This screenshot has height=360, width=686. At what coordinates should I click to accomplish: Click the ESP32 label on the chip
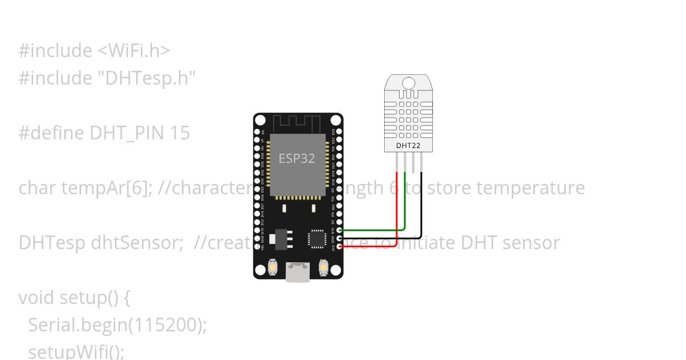click(297, 158)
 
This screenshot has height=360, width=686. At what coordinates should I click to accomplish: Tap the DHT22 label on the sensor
click(408, 145)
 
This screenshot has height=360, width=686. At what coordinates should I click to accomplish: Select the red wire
click(397, 217)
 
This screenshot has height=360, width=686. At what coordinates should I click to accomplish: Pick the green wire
click(405, 206)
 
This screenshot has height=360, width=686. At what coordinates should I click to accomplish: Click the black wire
click(421, 211)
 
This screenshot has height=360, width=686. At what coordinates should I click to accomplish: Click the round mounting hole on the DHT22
click(408, 83)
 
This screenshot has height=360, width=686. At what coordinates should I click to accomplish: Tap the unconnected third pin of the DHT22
click(413, 163)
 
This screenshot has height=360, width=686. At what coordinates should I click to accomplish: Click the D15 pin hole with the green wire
click(340, 230)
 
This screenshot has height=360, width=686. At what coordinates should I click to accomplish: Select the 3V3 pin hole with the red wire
click(340, 246)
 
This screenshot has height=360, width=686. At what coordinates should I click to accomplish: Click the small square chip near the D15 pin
click(317, 239)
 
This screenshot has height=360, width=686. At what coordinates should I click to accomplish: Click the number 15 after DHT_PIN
click(180, 133)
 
